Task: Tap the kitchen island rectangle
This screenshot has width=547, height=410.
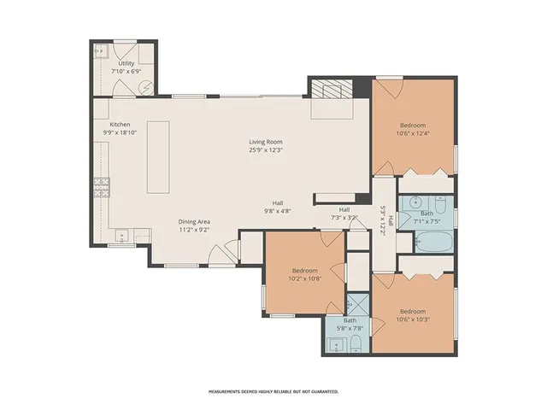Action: (x=157, y=158)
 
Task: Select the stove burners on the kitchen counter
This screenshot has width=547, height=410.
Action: (x=103, y=185)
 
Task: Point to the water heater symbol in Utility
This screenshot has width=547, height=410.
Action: (x=147, y=86)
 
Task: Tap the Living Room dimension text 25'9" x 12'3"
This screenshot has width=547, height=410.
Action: (x=266, y=150)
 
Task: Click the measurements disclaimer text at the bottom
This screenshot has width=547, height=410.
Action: (x=273, y=391)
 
